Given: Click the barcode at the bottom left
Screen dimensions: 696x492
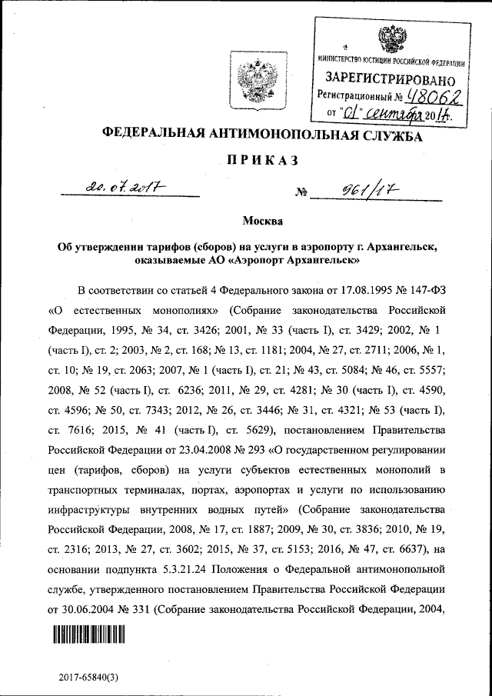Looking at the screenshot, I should click(88, 635).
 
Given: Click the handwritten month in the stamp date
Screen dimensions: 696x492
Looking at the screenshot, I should click(394, 115).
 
